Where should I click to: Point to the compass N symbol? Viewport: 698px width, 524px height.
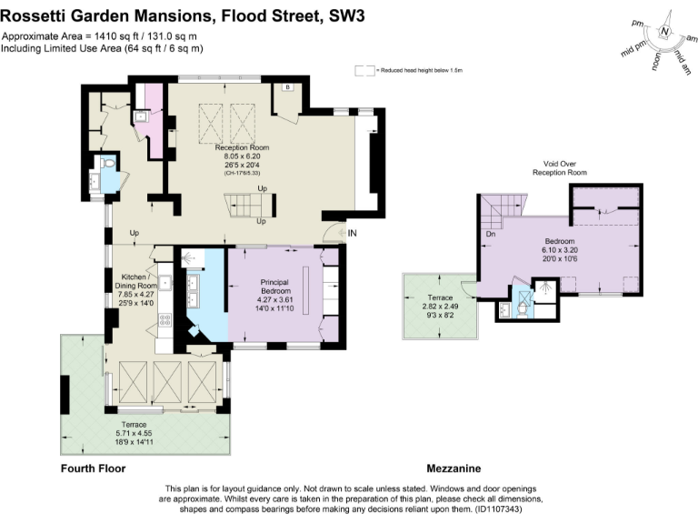point(666,33)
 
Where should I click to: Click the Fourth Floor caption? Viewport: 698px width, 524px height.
point(93,469)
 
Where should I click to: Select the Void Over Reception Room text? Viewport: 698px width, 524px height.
point(560,167)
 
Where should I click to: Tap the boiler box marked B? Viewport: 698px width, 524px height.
point(287,87)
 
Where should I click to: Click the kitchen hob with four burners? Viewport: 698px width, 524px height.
point(165,320)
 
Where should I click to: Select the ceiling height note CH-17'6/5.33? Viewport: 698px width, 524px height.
point(242,172)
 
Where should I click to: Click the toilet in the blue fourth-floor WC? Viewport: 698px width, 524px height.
point(108,165)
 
